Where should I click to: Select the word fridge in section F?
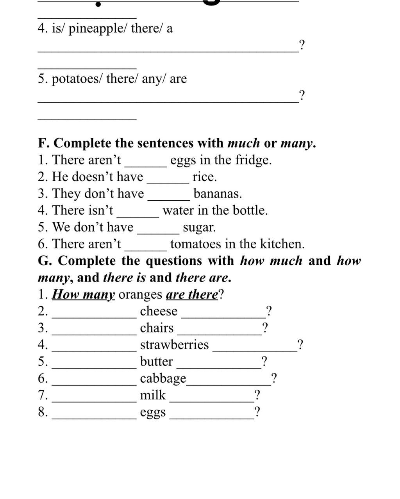click(253, 160)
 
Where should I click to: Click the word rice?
click(204, 177)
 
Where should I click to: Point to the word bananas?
click(218, 194)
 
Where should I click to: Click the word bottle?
click(250, 210)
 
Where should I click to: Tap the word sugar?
click(199, 228)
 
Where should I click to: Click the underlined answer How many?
click(83, 294)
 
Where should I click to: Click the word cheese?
click(159, 311)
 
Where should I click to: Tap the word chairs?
click(157, 328)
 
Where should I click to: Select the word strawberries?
click(174, 345)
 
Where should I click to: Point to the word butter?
click(156, 362)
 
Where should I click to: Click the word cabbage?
click(163, 379)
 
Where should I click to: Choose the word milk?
click(153, 395)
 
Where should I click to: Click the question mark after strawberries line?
click(300, 345)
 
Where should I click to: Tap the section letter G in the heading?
click(44, 261)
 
